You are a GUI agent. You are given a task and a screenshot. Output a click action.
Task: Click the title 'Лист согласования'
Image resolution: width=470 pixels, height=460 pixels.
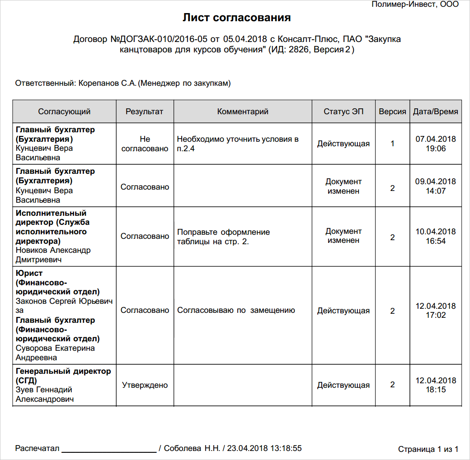236,18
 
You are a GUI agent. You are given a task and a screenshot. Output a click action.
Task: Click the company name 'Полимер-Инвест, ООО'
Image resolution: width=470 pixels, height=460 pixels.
415,5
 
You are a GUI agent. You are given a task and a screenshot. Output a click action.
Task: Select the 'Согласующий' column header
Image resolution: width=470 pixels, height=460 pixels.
64,112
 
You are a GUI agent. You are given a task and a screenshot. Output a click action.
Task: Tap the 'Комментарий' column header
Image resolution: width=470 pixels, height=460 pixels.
243,112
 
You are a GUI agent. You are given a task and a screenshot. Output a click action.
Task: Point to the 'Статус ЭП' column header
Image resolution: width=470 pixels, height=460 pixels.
343,112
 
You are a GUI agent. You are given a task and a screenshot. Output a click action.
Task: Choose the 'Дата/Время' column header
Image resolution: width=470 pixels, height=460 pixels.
435,112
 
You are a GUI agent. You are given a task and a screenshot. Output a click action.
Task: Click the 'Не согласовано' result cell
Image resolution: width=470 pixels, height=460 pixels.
145,144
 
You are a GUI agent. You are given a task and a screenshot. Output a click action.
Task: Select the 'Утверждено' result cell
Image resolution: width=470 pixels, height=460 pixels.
145,385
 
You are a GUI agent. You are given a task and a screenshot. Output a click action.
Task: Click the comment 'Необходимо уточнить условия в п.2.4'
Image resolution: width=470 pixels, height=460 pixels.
238,144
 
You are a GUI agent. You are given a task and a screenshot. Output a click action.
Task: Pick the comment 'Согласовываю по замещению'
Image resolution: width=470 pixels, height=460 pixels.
236,310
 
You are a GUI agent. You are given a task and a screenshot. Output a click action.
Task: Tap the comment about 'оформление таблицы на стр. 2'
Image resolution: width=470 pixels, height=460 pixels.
223,237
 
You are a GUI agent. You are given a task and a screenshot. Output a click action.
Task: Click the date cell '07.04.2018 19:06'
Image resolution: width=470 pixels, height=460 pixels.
436,144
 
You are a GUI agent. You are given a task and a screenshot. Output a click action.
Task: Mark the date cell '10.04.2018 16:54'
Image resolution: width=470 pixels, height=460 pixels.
436,236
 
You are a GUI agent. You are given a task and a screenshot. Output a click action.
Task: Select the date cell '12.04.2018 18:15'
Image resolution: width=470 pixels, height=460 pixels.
436,385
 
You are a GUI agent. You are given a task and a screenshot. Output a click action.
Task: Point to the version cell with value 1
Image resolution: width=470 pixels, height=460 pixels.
392,144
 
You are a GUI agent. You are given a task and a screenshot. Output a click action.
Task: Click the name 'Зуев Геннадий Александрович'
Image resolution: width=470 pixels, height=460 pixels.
44,395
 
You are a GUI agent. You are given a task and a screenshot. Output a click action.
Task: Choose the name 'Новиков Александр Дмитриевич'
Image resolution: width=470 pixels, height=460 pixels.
53,255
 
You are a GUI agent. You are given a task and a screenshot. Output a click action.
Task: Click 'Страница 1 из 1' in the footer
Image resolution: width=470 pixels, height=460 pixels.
428,449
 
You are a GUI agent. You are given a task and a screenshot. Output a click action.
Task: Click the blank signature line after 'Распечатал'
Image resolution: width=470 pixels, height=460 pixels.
109,450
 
